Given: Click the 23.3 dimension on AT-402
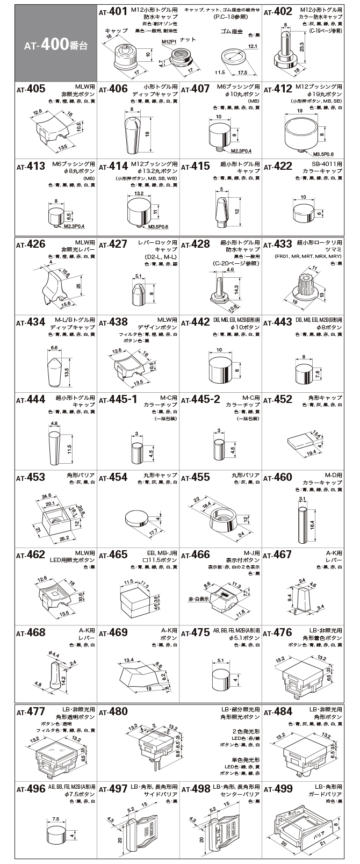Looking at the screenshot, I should (x=301, y=48).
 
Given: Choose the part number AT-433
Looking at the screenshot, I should (x=277, y=244).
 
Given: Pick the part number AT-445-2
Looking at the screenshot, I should (x=200, y=400).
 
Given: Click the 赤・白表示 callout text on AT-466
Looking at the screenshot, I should (x=197, y=599).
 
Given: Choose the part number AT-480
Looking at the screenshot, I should (x=113, y=711).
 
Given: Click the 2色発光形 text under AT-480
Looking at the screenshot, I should (x=246, y=731).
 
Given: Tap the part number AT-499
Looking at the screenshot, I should (x=277, y=789).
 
